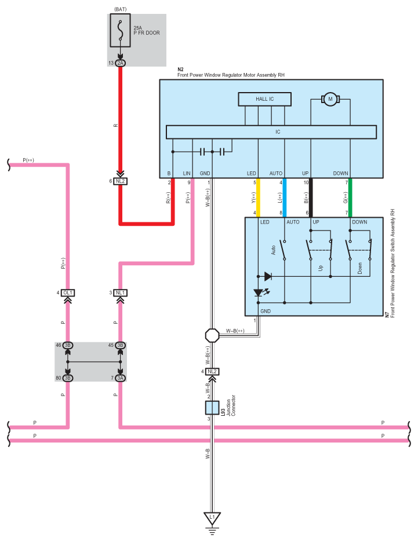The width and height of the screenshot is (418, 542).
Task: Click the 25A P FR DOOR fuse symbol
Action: [120, 31]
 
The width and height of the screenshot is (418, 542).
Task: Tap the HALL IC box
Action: [265, 99]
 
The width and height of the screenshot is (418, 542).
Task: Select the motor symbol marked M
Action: [330, 99]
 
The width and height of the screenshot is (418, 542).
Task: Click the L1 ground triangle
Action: [212, 518]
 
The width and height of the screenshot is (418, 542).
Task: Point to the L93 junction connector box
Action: [212, 408]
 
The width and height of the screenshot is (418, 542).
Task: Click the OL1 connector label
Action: [68, 293]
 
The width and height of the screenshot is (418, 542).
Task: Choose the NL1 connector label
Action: [121, 293]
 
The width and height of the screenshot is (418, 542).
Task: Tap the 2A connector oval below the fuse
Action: [121, 63]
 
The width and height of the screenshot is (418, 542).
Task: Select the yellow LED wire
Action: [258, 197]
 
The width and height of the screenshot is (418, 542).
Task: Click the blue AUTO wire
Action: [285, 197]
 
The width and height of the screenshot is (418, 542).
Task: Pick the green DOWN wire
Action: [350, 197]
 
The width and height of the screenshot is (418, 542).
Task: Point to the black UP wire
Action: [311, 197]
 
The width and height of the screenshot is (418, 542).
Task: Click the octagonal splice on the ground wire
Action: [212, 335]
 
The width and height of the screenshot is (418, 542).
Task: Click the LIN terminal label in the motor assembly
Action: [187, 173]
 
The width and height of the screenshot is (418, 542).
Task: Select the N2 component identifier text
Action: [180, 69]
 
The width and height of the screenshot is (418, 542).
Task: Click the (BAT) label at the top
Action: [121, 9]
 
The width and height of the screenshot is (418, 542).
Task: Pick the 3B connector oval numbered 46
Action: [68, 345]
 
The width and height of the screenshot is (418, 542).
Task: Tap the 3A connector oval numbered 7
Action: [121, 378]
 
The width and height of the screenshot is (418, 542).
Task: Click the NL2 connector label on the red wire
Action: [121, 181]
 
